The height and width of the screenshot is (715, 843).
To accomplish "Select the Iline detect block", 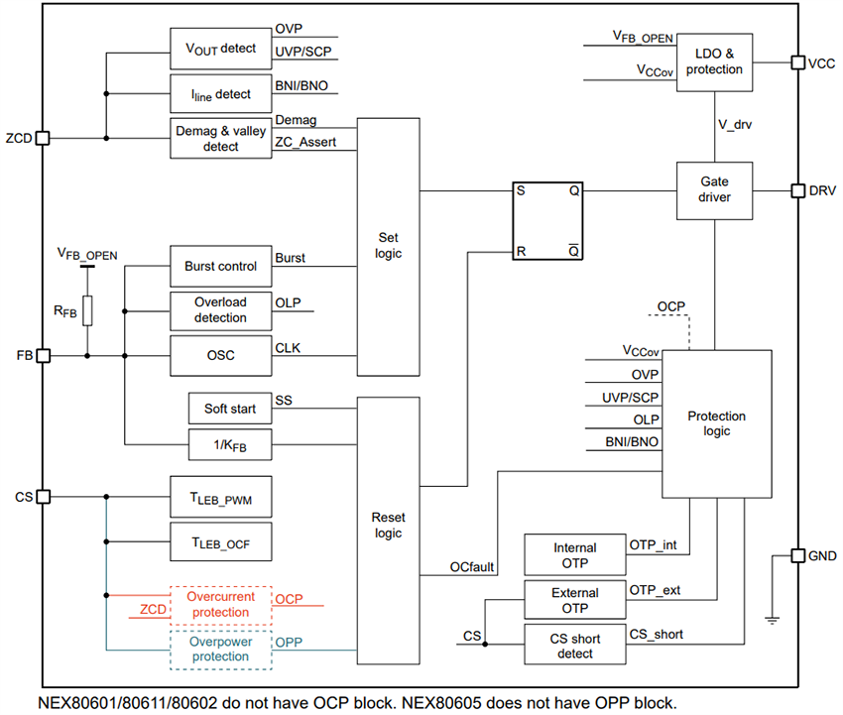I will coord(220,94).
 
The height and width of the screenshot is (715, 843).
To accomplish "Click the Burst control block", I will coord(220,266).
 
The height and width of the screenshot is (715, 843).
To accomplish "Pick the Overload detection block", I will coord(220,310).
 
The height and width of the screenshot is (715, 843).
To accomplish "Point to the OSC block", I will coord(220,355).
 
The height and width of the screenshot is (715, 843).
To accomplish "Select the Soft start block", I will coord(229,409).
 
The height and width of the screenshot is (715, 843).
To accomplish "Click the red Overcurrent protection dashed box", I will coord(220,604).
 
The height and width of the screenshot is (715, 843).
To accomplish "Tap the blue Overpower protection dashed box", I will coord(220,649).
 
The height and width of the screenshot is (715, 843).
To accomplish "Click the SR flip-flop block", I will coord(546,220).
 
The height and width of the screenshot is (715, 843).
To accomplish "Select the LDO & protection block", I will coord(713,62).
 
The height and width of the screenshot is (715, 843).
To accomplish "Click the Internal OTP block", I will coord(575,554).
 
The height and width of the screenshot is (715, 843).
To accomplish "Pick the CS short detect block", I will coord(575,645).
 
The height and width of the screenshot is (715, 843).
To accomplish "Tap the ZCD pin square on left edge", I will coord(42,139).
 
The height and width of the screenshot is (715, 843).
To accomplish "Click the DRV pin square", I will coord(797,190).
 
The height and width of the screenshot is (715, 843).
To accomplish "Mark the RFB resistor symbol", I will coord(87,310).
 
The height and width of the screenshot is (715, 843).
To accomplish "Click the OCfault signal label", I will coord(472,566).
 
